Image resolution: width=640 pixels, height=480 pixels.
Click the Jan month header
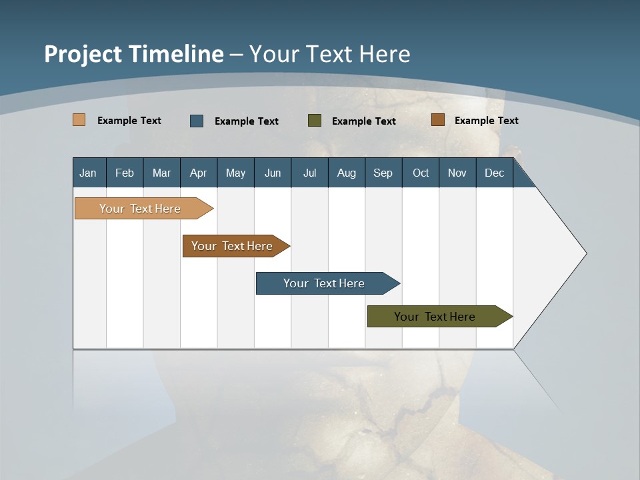(88, 173)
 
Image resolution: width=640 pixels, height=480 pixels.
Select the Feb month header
(125, 173)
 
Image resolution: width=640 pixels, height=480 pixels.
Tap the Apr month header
(198, 173)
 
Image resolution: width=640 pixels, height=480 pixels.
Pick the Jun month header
(273, 173)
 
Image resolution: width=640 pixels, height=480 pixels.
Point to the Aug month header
(346, 173)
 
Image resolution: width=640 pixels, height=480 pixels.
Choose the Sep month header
(383, 173)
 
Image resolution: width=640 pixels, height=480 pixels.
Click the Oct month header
(421, 173)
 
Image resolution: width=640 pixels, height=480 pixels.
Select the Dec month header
(494, 173)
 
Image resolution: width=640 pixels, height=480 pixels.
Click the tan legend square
(79, 120)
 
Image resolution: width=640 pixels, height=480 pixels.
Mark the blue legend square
(197, 121)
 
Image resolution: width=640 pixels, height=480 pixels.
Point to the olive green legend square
(315, 121)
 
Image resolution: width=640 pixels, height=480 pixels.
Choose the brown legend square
(437, 120)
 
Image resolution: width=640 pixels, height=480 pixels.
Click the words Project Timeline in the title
(133, 54)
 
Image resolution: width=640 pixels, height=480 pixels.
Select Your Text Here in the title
(329, 54)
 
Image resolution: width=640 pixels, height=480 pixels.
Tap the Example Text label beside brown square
(486, 121)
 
